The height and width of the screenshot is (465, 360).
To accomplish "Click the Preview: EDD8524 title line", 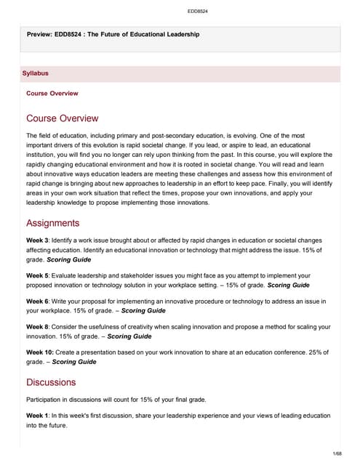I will tap(112, 35).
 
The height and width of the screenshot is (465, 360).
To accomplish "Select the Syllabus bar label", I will tap(36, 73).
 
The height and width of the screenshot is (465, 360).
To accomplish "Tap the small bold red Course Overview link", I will tap(52, 94).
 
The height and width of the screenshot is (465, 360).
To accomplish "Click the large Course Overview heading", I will tap(62, 118).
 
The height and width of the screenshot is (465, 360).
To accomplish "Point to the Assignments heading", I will tap(52, 223).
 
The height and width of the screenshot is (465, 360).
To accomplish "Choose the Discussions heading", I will tap(51, 381).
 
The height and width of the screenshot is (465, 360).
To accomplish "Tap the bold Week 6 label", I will tap(38, 300).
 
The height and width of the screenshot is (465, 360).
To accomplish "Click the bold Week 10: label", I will tap(40, 351).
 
